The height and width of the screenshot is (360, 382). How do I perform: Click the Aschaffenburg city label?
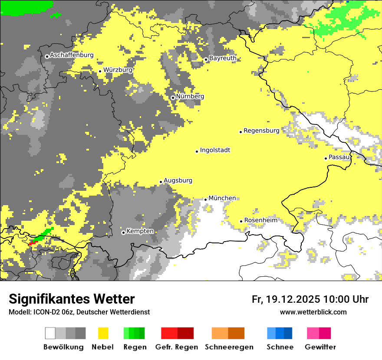[72, 55]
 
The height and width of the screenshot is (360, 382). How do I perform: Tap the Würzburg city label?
[118, 70]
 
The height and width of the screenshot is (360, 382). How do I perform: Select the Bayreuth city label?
[223, 58]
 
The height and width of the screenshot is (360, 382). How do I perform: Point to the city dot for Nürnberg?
[173, 98]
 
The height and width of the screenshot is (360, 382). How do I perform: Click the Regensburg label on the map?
[261, 130]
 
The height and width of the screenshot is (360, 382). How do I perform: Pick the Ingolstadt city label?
[215, 150]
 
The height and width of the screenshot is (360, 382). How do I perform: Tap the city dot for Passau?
[326, 158]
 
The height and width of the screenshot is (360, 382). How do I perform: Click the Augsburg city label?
[178, 180]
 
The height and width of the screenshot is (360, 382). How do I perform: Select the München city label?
[222, 198]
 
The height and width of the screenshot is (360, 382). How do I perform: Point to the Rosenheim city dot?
[241, 221]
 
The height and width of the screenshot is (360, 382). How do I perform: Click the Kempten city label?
[140, 231]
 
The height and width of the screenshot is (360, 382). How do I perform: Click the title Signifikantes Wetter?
[72, 299]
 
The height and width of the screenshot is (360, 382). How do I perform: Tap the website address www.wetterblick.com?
[313, 312]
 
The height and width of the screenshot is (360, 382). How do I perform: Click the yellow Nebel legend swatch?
[103, 333]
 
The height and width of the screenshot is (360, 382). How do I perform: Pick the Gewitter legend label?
[320, 347]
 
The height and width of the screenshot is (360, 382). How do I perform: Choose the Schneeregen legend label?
[229, 347]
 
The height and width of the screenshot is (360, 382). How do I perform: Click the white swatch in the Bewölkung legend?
[50, 333]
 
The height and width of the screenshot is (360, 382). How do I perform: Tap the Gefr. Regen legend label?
[176, 347]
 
